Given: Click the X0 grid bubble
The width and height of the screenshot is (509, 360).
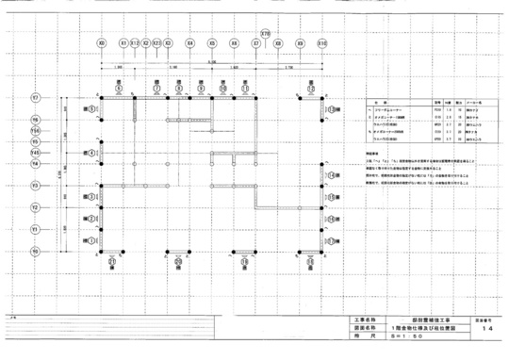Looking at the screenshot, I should coord(101,43).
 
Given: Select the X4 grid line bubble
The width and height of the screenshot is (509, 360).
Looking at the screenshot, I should coord(189,43).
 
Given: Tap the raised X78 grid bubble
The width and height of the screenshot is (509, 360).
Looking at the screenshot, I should coord(266,33).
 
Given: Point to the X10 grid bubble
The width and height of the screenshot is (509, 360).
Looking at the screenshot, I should coord(322,43).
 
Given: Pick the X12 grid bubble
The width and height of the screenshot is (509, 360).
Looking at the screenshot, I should coord(134,43).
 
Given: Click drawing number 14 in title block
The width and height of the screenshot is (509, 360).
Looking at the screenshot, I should coord(484,331).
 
